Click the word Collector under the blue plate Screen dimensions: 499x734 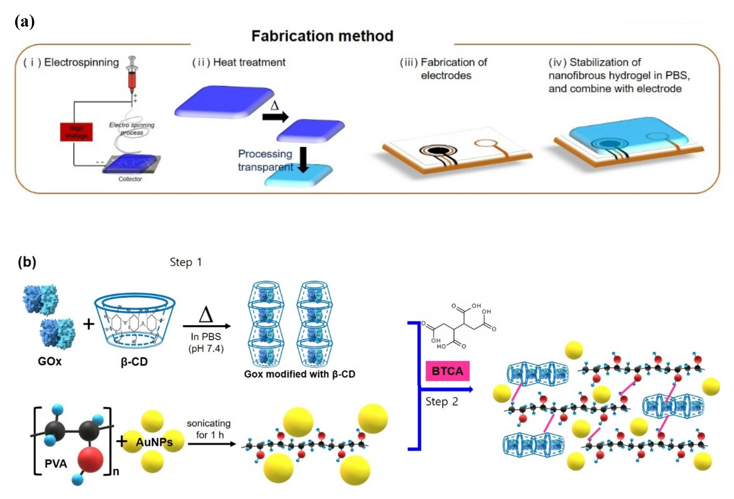tap(130, 179)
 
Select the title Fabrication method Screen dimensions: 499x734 tap(322, 36)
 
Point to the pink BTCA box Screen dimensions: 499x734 tap(447, 371)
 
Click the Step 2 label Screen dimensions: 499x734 tap(441, 402)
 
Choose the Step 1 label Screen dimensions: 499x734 tap(186, 262)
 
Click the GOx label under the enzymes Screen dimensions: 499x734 tap(50, 361)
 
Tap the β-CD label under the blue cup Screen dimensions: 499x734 tap(134, 362)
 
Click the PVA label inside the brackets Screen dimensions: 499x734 tap(56, 463)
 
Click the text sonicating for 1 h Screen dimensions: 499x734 tap(209, 429)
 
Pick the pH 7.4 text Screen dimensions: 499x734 tap(206, 349)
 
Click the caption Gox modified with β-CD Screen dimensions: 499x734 tap(299, 374)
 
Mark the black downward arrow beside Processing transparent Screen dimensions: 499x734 tap(303, 160)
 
